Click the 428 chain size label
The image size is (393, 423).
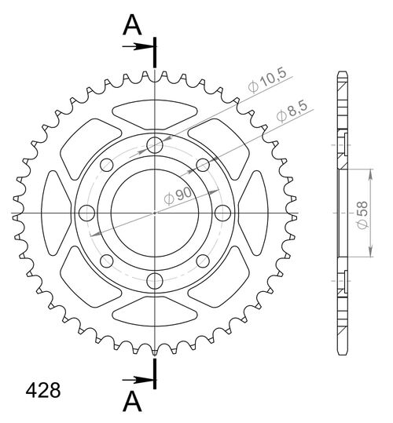tap(38, 389)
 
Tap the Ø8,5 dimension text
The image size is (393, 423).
tap(290, 113)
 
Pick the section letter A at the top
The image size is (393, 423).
tap(134, 26)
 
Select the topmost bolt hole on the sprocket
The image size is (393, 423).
tap(156, 144)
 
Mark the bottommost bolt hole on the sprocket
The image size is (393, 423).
tap(156, 280)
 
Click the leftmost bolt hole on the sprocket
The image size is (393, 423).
tap(87, 212)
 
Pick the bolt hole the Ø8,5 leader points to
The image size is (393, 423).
tap(202, 164)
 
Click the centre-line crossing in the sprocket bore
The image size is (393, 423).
tap(156, 212)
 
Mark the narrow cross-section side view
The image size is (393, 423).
tap(343, 212)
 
